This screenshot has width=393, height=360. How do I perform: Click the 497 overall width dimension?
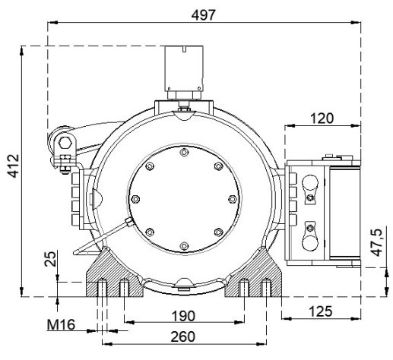[x=203, y=15]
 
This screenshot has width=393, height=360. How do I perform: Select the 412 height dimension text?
[x=13, y=166]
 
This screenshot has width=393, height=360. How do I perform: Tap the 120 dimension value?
[x=322, y=118]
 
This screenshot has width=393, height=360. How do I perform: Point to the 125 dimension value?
[x=321, y=311]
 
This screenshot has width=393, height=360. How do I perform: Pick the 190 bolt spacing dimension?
[x=183, y=316]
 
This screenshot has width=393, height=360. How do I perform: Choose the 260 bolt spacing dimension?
[x=183, y=336]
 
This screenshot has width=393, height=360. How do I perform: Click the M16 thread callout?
[x=61, y=324]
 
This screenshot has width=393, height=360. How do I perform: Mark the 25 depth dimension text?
[x=50, y=259]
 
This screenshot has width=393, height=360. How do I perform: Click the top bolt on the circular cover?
[x=184, y=153]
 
